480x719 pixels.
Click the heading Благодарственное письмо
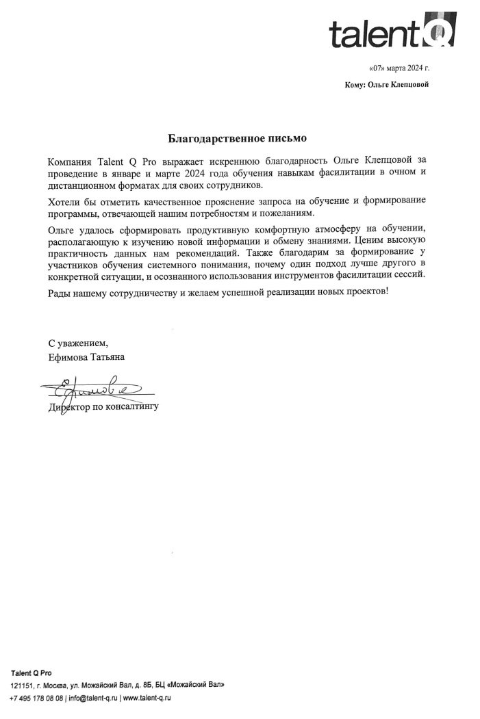[x=239, y=138]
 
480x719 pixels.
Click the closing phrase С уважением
[x=78, y=342]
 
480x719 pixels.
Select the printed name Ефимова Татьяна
[x=86, y=356]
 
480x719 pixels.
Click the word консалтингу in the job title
[x=132, y=407]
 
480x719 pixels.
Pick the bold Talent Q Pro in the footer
[x=31, y=672]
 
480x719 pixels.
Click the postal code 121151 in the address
[x=21, y=685]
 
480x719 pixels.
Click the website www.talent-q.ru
[x=147, y=698]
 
